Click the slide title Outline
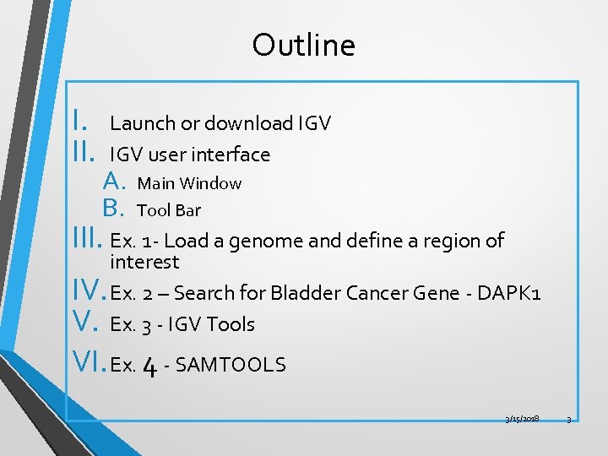303,45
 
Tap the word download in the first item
246,123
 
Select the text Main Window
189,183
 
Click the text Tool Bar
169,209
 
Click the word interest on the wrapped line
144,262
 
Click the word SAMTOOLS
232,365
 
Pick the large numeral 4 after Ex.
149,365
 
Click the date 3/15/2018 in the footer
522,419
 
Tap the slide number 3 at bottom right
568,419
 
